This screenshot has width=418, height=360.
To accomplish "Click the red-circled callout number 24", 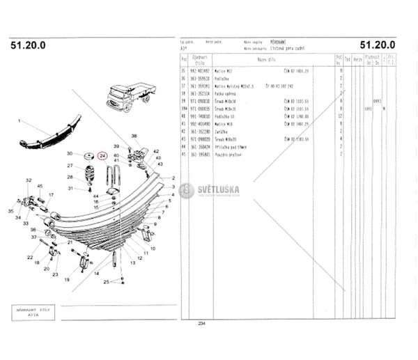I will click(102, 156).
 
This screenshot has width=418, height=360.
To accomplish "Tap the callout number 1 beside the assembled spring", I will click(20, 121).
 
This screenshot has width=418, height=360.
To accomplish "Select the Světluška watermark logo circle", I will click(187, 191).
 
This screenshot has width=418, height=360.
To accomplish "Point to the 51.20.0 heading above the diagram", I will click(29, 45).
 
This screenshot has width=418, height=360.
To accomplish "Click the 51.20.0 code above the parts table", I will click(378, 45).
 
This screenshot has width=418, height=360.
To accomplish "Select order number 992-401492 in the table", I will click(201, 70).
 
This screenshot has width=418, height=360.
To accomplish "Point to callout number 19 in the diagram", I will click(68, 279).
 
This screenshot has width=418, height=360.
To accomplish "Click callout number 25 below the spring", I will click(107, 282).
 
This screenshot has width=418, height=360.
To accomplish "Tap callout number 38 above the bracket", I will click(134, 135).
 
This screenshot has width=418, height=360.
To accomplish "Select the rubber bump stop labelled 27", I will click(89, 170).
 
